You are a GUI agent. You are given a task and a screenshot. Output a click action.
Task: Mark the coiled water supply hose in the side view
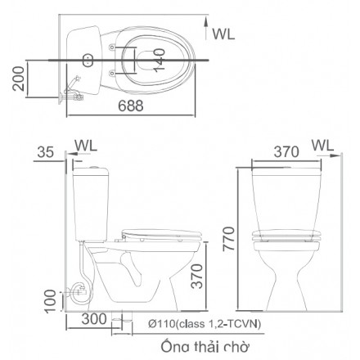[79, 291]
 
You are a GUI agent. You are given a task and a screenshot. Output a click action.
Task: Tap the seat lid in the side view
[164, 232]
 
